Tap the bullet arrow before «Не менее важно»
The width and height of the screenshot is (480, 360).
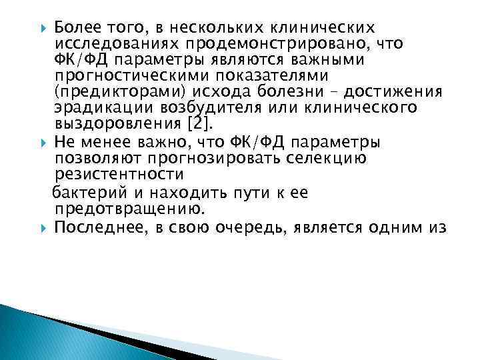pos(44,142)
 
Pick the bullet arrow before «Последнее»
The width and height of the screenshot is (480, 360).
pos(44,228)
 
